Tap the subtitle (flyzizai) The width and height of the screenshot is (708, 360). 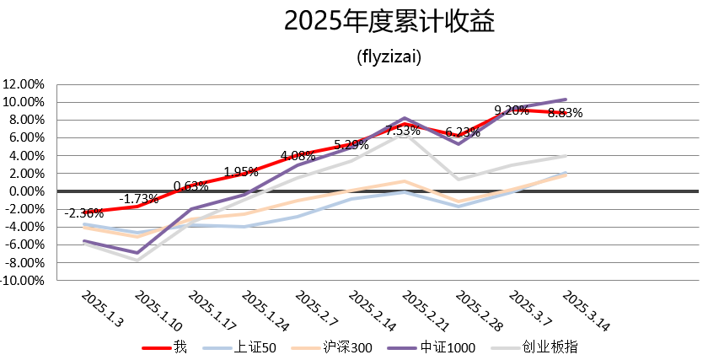pyautogui.click(x=389, y=57)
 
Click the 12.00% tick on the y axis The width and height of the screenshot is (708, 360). pyautogui.click(x=25, y=84)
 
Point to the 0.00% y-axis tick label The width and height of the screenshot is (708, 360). pyautogui.click(x=28, y=191)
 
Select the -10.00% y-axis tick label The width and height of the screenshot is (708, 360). pyautogui.click(x=24, y=281)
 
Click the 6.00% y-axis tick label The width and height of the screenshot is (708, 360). pyautogui.click(x=28, y=137)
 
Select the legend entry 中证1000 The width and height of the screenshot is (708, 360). pyautogui.click(x=449, y=347)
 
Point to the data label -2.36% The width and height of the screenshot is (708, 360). pyautogui.click(x=84, y=213)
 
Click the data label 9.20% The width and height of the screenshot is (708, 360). pyautogui.click(x=512, y=110)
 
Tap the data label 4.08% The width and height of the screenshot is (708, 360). pyautogui.click(x=298, y=156)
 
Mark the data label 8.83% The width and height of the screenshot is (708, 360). pyautogui.click(x=565, y=113)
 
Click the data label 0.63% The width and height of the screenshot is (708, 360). pyautogui.click(x=191, y=186)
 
